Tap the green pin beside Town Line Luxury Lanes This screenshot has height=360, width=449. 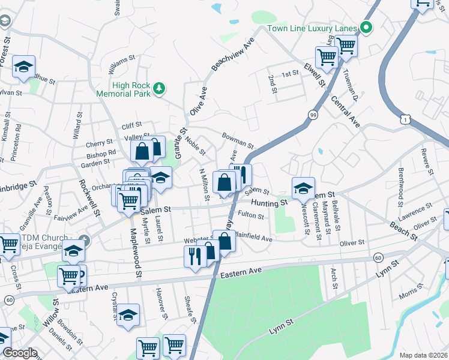[x=365, y=28]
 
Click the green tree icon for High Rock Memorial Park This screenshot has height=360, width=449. [x=159, y=89]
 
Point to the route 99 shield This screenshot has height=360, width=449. [x=313, y=113]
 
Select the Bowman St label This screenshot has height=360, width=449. [x=238, y=141]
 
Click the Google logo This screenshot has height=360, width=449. [x=20, y=353]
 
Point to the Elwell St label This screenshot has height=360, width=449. [x=314, y=75]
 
